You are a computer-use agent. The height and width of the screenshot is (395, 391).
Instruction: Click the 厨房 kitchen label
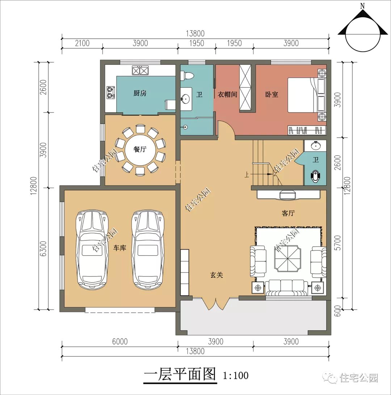click(x=140, y=93)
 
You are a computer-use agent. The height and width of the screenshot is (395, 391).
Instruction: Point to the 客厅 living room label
click(x=288, y=213)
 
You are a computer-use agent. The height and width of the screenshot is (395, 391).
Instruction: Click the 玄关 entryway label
click(x=216, y=275)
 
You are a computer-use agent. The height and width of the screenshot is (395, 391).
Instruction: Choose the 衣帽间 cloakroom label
click(x=227, y=94)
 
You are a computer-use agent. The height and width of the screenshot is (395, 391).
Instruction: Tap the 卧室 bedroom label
click(x=272, y=94)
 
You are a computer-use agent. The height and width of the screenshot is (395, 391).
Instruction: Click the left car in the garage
click(x=92, y=250)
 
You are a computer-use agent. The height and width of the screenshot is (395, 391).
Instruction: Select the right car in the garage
click(x=147, y=250)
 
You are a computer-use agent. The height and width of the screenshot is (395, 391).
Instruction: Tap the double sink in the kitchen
click(x=140, y=70)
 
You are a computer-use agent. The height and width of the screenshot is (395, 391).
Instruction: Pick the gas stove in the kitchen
click(x=110, y=93)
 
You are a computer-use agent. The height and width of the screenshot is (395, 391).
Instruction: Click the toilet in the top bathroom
click(x=189, y=76)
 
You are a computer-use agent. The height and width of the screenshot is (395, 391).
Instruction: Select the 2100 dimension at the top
click(x=82, y=43)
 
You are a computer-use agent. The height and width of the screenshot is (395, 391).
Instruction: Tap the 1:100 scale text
click(x=236, y=375)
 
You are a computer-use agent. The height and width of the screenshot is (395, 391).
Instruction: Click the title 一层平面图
click(x=180, y=374)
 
